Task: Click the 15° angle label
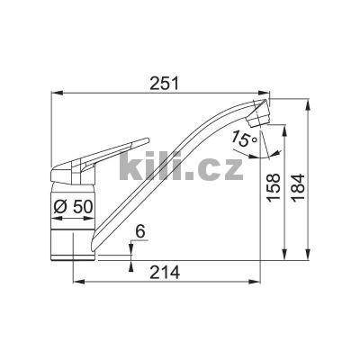click(244, 139)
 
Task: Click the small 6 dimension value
click(139, 232)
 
